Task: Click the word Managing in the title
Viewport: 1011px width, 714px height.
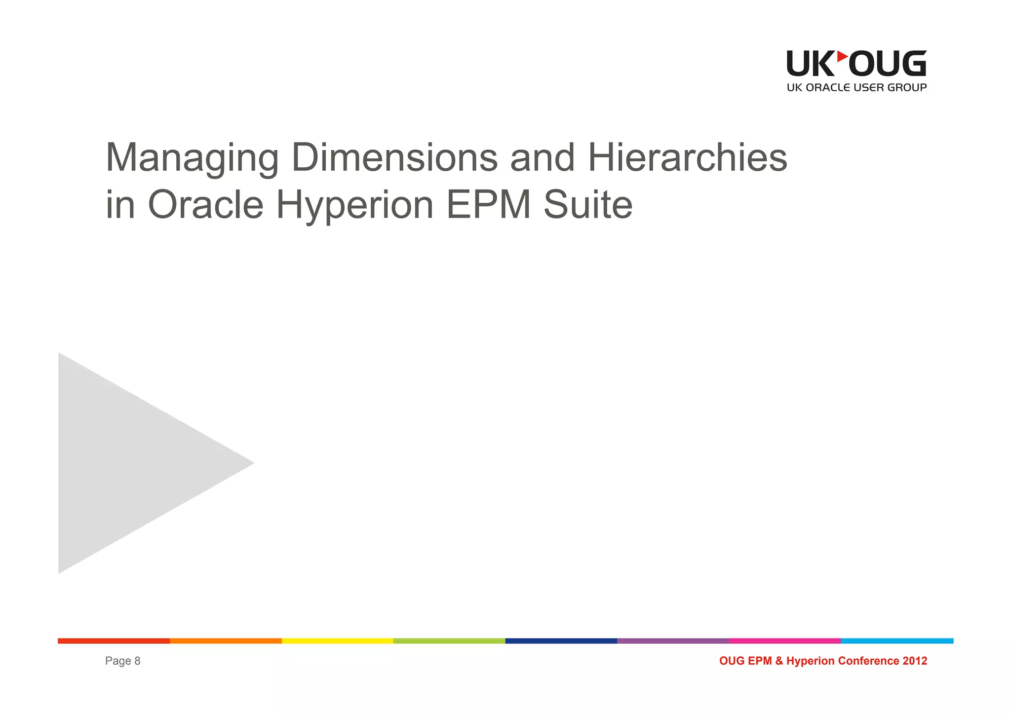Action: tap(192, 159)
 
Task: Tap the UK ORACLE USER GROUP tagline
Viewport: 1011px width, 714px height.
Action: tap(856, 88)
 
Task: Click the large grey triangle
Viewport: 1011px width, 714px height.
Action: tap(128, 463)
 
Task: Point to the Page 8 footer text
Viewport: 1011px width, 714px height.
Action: tap(122, 661)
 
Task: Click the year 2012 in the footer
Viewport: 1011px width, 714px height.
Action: tap(915, 661)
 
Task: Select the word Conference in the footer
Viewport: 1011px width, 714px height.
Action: tap(869, 661)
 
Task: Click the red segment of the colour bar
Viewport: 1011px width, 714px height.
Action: tap(114, 641)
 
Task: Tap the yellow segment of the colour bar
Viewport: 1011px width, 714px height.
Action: tap(337, 641)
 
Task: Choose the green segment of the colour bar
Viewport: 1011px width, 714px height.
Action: tap(449, 641)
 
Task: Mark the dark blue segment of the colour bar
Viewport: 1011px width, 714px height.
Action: tap(561, 641)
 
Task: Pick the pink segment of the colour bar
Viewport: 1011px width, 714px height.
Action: tap(785, 641)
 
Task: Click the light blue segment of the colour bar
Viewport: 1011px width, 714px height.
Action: tap(897, 641)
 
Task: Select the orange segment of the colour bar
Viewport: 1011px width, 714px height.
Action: tap(226, 641)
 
